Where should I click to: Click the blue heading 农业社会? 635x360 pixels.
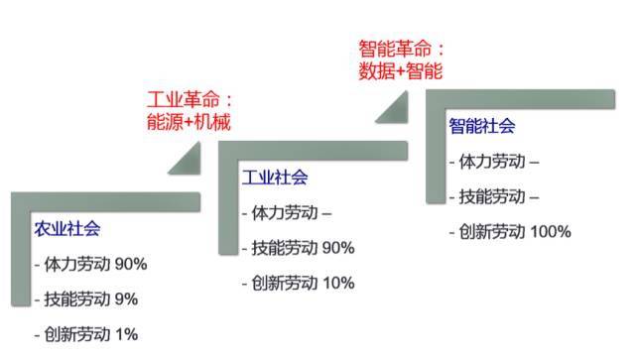tap(67, 229)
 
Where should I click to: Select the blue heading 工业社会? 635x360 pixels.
tap(275, 178)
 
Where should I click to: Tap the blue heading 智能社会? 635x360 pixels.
tap(482, 126)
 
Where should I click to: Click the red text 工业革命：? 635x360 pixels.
tap(190, 99)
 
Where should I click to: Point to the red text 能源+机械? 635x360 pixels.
tap(189, 122)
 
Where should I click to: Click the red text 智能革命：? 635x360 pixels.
tap(401, 49)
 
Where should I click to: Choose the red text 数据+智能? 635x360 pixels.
tap(401, 71)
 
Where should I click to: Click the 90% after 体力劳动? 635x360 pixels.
tap(131, 264)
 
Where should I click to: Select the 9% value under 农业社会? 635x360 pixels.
tap(126, 300)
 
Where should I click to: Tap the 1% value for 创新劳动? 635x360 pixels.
tap(127, 334)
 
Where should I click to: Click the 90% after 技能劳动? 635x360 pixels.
tap(338, 247)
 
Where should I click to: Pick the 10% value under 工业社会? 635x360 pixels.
tap(338, 283)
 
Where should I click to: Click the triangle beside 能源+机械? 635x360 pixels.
tap(190, 164)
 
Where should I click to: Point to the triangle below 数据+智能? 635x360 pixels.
tap(397, 112)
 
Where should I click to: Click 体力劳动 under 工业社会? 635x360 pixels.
tap(285, 212)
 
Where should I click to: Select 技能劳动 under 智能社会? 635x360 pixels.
tap(492, 196)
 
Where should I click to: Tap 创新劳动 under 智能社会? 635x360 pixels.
tap(492, 232)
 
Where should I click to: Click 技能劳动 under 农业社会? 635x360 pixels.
tap(77, 300)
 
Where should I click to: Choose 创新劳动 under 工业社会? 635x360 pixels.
tap(285, 283)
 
